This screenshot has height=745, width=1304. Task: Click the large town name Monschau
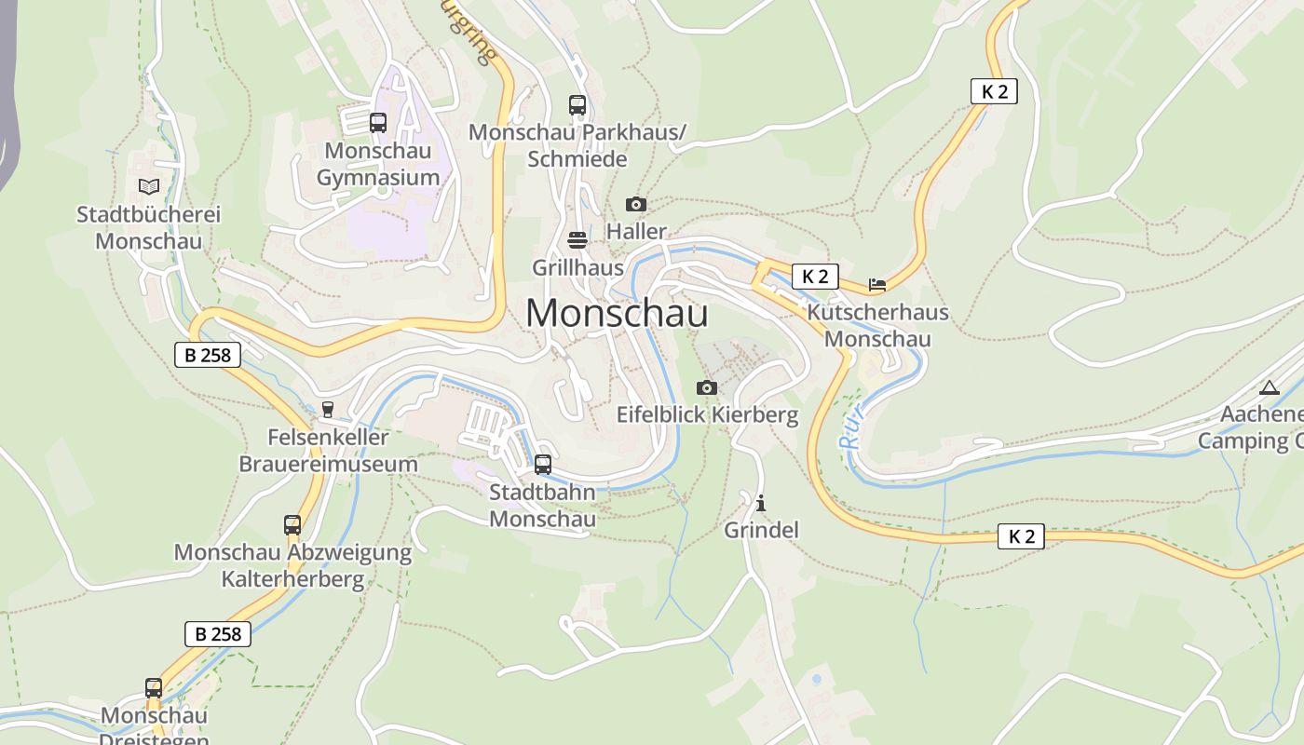click(x=617, y=313)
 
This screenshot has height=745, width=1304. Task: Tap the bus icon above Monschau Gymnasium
click(x=378, y=123)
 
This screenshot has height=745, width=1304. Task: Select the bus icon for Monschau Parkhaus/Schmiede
click(x=577, y=105)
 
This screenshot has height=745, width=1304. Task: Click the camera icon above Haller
click(x=636, y=204)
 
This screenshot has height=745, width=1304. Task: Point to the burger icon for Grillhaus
click(x=577, y=240)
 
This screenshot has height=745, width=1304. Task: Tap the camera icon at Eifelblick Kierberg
click(x=707, y=387)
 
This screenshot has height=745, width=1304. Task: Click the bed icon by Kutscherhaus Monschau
click(x=876, y=284)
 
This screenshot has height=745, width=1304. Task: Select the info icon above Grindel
click(x=762, y=503)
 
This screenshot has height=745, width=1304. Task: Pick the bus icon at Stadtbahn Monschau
click(x=543, y=464)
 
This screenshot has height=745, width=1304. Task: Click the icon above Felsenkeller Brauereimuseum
click(x=328, y=409)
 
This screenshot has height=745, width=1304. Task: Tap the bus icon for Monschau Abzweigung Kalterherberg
click(x=292, y=525)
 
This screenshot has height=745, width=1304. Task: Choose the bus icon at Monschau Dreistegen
click(x=154, y=688)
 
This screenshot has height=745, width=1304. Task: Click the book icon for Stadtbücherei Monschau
click(x=149, y=186)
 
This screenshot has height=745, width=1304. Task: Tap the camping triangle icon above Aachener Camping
click(x=1269, y=387)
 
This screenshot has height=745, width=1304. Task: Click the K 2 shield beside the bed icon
click(x=815, y=277)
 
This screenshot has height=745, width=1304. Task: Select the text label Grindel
click(x=762, y=531)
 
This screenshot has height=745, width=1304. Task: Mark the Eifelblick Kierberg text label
click(x=708, y=415)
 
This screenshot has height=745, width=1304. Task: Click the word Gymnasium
click(x=378, y=178)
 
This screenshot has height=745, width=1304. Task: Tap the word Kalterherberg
click(x=292, y=579)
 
